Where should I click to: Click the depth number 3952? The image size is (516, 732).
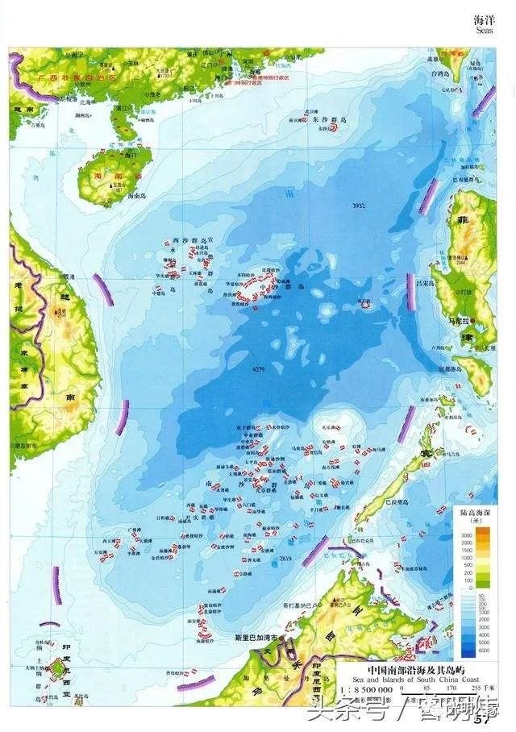tap(359, 206)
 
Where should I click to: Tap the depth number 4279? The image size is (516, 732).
tap(258, 370)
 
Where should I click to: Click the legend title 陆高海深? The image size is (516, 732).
tap(476, 512)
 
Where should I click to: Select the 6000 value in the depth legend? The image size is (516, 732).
tap(465, 650)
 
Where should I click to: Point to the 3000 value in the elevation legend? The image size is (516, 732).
tap(465, 536)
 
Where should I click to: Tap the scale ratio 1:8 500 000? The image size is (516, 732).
tap(368, 691)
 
